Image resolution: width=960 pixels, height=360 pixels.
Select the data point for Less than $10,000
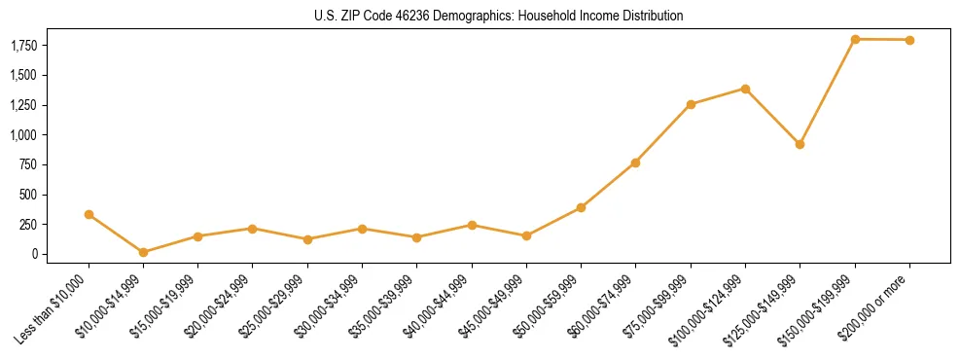pyautogui.click(x=89, y=214)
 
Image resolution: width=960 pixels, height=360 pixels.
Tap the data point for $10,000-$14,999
pyautogui.click(x=143, y=252)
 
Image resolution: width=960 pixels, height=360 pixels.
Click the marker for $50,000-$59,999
pyautogui.click(x=581, y=207)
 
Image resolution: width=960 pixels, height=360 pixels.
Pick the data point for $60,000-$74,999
pyautogui.click(x=635, y=162)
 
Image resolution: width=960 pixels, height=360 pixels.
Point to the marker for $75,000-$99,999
pyautogui.click(x=691, y=104)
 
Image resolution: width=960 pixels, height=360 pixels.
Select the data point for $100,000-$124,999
pyautogui.click(x=745, y=89)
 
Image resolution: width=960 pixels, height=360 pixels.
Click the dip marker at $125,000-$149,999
pyautogui.click(x=800, y=144)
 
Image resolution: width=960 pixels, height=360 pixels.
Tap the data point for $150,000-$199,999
pyautogui.click(x=855, y=39)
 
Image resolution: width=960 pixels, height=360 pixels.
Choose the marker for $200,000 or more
pyautogui.click(x=909, y=40)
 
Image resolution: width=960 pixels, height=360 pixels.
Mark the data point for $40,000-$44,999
pyautogui.click(x=472, y=225)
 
